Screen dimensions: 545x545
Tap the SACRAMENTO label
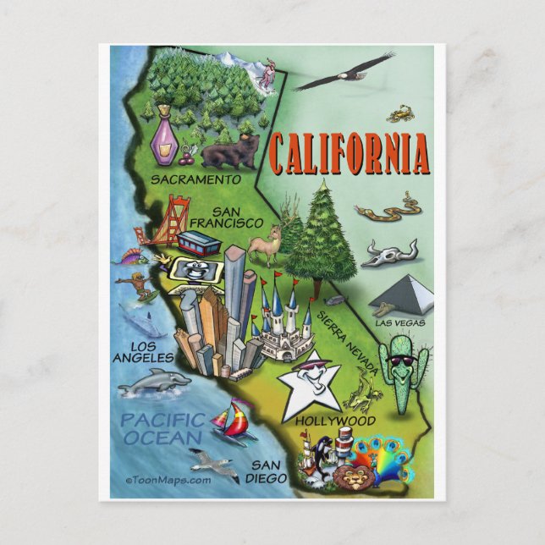[194, 179]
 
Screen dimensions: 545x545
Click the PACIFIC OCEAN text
[162, 428]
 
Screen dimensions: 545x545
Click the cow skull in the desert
[389, 252]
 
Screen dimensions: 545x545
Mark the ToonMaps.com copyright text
[168, 480]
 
